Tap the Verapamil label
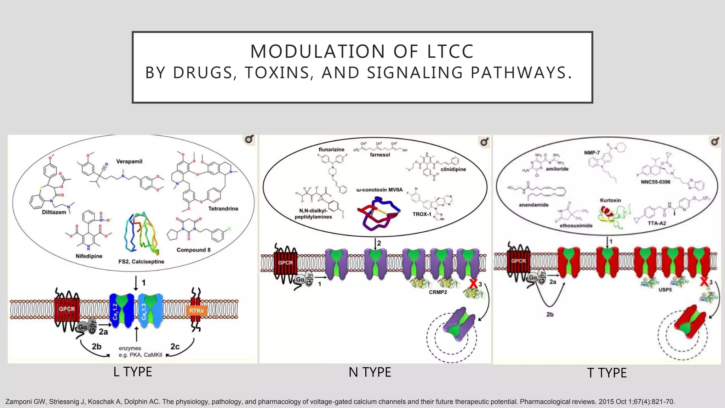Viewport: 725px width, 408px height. click(129, 161)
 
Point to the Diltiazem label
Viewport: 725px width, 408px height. click(54, 212)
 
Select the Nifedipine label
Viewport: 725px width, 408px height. click(89, 256)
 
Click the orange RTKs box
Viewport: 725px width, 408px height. click(196, 311)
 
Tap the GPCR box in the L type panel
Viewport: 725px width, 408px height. click(67, 309)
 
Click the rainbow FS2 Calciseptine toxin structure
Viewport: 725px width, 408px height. click(142, 234)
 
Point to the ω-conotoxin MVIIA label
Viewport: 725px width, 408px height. click(379, 190)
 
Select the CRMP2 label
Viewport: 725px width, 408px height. click(438, 292)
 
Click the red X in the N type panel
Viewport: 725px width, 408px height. click(473, 284)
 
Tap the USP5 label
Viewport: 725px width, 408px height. click(665, 290)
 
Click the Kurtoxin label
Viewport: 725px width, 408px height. click(610, 200)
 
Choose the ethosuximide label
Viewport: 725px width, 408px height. click(576, 226)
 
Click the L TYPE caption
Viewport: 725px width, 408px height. click(133, 372)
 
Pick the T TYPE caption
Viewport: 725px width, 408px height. click(607, 373)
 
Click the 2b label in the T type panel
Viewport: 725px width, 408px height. click(550, 314)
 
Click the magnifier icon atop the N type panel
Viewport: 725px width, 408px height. click(484, 142)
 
